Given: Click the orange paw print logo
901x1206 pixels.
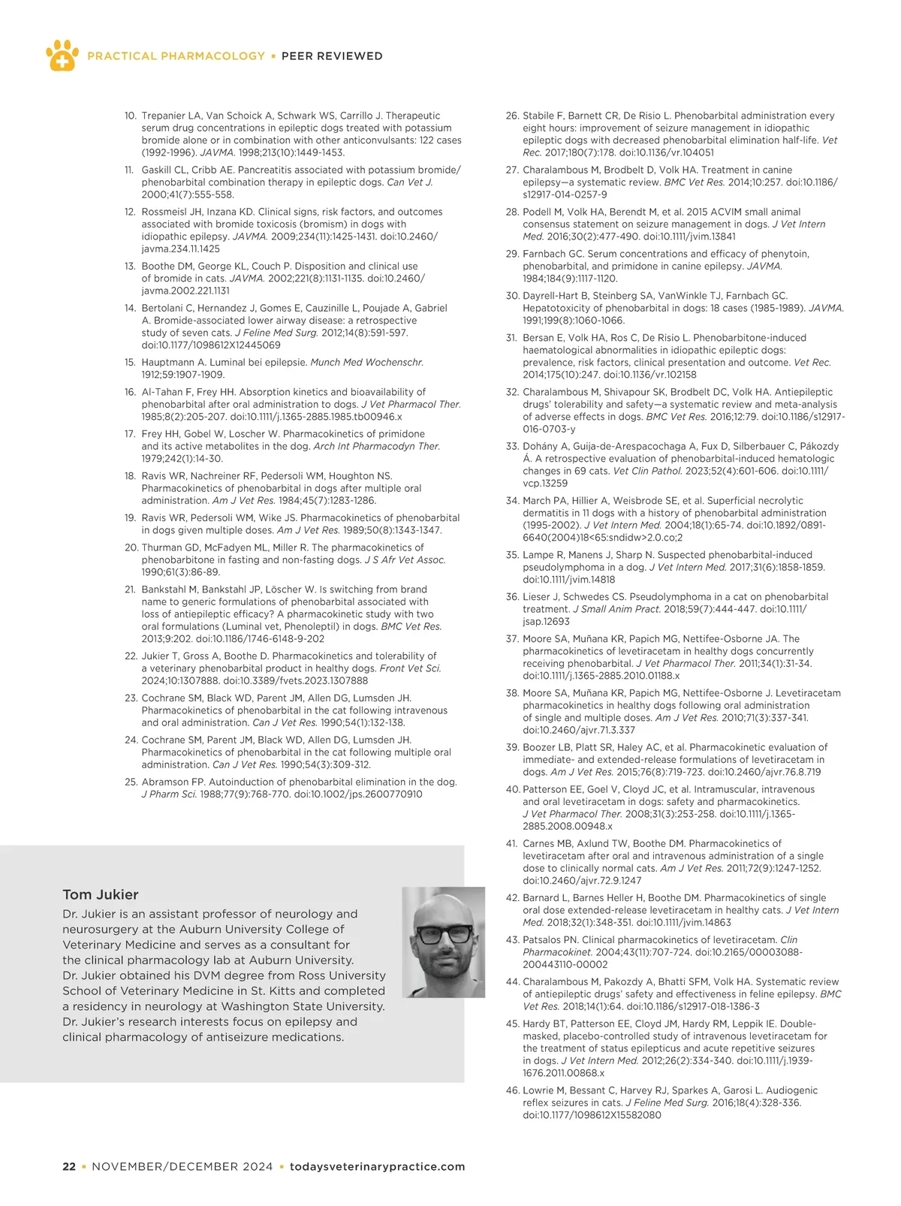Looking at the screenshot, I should pos(62,55).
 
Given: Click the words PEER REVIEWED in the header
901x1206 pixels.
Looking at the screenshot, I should pos(332,56).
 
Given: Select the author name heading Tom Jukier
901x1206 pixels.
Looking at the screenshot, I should pos(101,894).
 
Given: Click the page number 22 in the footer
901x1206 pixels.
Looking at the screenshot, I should pos(69,1167).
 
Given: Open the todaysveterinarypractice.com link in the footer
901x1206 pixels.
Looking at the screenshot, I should pos(377,1167).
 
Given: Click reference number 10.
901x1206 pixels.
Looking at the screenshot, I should pos(130,116).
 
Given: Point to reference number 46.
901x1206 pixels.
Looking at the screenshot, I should pos(513,1090).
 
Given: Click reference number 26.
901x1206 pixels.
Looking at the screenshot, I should pos(512,116).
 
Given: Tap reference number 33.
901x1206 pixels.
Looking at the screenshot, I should pos(512,446).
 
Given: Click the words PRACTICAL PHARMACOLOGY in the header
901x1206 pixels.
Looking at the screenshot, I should pos(176,56).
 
